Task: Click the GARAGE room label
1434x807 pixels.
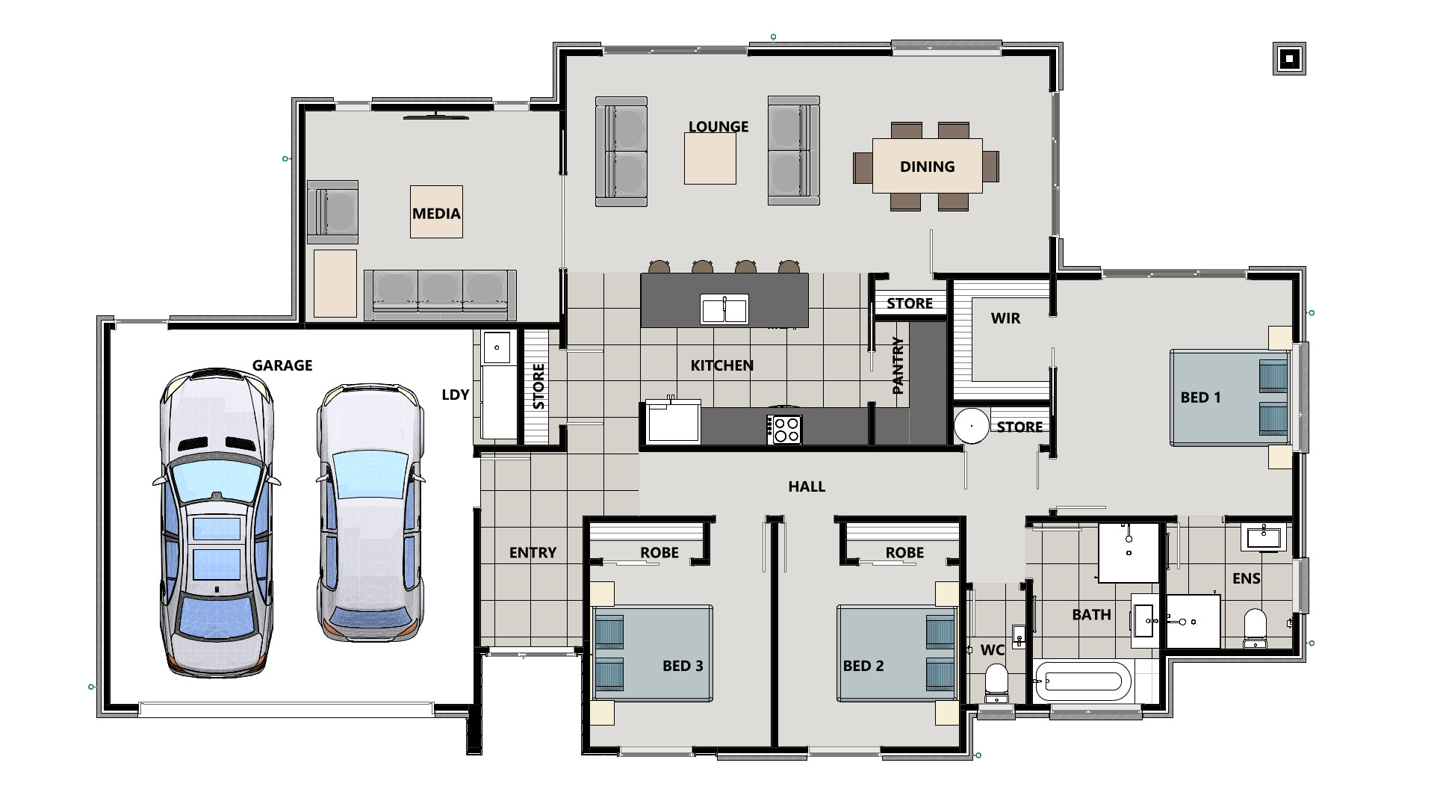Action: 282,365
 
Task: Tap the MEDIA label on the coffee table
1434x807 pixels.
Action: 436,213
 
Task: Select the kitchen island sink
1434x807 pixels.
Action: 724,309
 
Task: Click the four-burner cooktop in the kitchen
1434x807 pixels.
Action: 784,430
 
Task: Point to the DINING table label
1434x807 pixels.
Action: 927,167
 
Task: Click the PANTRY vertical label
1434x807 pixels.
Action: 898,365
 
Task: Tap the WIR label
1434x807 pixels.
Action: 1005,318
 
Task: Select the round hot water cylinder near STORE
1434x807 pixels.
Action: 972,426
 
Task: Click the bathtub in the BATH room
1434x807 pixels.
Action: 1082,681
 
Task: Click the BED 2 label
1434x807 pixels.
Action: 863,666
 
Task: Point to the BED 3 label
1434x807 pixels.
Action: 682,666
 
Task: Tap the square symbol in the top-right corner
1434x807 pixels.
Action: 1288,58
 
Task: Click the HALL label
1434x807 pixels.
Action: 807,486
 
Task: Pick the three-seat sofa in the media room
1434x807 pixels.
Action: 439,291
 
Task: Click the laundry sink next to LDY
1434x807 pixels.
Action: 497,347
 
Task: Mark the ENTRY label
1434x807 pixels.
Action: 533,553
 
